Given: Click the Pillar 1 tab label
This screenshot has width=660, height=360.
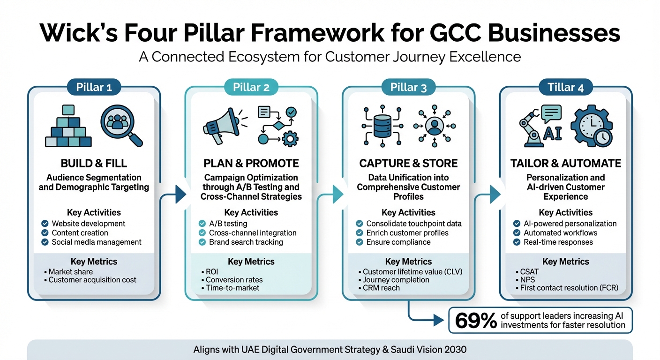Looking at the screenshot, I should [94, 87].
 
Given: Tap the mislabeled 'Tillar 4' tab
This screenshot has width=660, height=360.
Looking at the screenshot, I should [565, 87].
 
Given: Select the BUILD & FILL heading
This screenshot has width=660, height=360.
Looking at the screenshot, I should [94, 163].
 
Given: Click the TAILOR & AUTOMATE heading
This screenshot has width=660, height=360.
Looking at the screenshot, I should [565, 163].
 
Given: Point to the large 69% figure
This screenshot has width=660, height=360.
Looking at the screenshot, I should [476, 321].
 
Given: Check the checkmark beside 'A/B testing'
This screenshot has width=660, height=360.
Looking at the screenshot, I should [202, 224].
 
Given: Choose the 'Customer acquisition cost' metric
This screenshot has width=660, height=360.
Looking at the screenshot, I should [92, 280].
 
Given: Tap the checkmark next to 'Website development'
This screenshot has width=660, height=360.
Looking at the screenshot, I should [45, 224].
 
